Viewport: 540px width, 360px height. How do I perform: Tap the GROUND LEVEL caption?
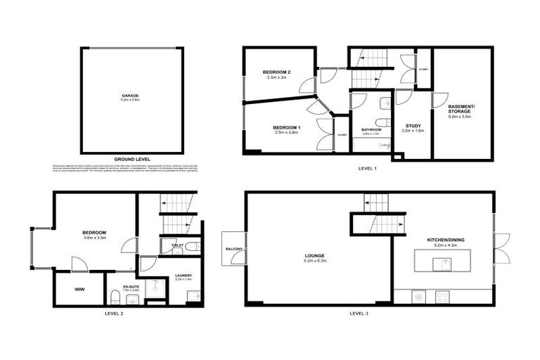(x=131, y=160)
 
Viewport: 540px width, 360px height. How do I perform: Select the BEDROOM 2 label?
(x=277, y=72)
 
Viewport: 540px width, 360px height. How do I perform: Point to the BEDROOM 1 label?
(x=287, y=127)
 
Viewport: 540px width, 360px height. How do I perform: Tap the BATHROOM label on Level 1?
(x=371, y=129)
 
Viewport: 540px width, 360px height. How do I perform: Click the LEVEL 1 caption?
(x=368, y=168)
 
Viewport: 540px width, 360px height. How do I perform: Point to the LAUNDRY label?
(x=173, y=276)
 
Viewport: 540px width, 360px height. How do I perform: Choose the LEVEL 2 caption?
(x=114, y=313)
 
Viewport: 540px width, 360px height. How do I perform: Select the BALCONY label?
(x=233, y=250)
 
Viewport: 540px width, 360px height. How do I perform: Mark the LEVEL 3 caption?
(x=359, y=313)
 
